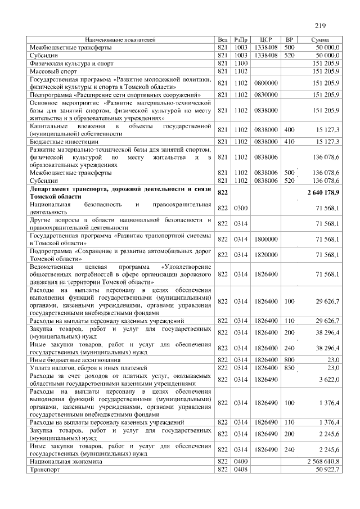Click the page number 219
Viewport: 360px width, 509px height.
pyautogui.click(x=321, y=25)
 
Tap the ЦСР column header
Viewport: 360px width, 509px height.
pyautogui.click(x=267, y=40)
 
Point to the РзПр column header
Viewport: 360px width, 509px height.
pyautogui.click(x=241, y=40)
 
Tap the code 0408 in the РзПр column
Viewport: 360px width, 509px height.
pyautogui.click(x=241, y=469)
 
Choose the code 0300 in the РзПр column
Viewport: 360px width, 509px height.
pyautogui.click(x=241, y=209)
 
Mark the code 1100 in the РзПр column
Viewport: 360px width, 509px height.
pyautogui.click(x=241, y=64)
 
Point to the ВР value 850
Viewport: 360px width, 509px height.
pyautogui.click(x=290, y=367)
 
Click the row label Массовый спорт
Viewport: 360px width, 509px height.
pyautogui.click(x=53, y=71)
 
